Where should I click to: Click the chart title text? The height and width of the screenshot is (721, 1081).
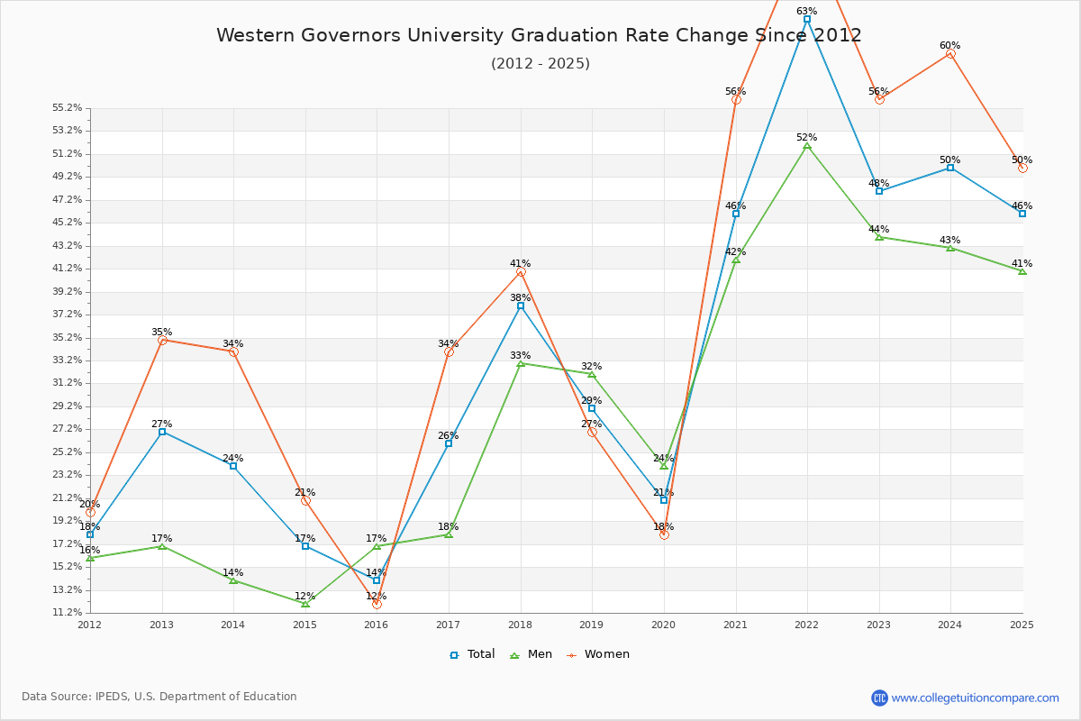coord(539,35)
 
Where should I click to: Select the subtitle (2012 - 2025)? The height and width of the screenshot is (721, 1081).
coord(540,63)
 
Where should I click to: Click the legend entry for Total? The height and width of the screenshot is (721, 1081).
coord(473,654)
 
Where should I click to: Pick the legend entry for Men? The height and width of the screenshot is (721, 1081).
coord(531,654)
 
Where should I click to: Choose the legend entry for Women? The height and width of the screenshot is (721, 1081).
coord(599,654)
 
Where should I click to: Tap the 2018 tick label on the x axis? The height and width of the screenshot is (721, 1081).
coord(520,624)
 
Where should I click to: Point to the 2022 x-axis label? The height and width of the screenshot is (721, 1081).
coord(806,624)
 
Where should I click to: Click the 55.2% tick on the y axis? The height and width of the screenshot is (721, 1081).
coord(68,107)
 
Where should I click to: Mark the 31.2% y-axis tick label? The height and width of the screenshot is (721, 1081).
coord(68,382)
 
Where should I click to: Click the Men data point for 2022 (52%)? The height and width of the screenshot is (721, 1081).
coord(807,145)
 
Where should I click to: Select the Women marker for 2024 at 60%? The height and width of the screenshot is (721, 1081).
coord(950,53)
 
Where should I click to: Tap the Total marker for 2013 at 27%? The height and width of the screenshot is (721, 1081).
coord(162,432)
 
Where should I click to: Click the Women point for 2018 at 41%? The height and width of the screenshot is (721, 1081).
coord(521,271)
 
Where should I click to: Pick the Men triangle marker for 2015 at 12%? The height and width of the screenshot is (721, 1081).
coord(305,603)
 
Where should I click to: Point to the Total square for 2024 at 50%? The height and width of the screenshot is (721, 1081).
coord(950,168)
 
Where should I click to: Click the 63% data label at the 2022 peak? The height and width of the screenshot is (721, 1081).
coord(806,11)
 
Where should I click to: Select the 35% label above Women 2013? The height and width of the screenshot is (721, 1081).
coord(161,332)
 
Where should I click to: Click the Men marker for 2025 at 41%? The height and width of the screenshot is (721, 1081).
coord(1022,270)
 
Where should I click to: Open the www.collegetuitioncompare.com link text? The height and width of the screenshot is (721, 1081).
coord(975,698)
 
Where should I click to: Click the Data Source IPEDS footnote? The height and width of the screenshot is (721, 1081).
coord(159,697)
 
